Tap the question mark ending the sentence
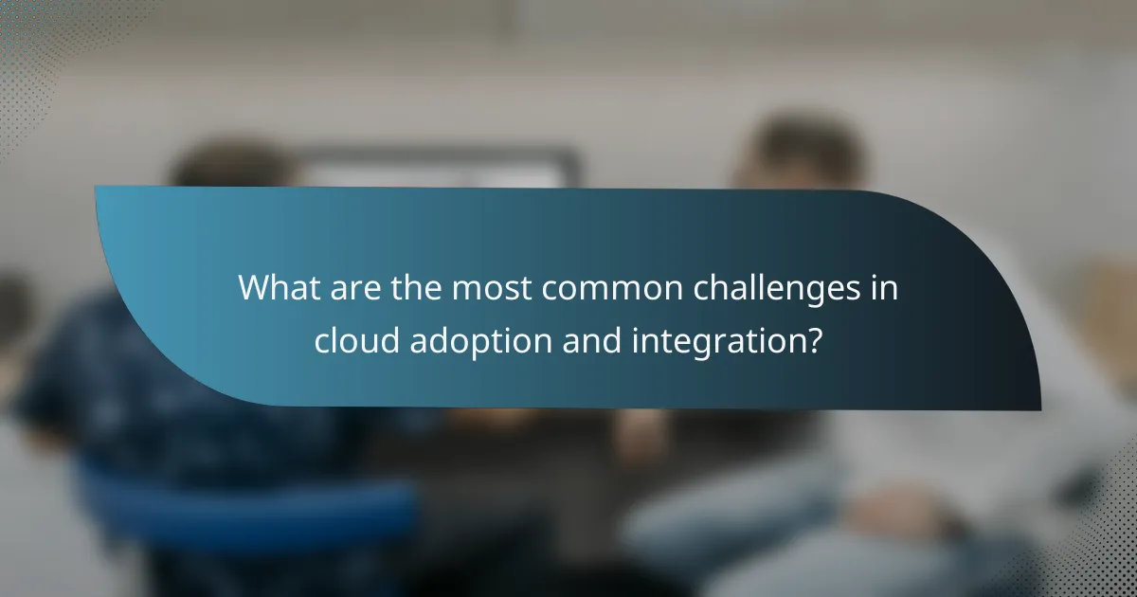click(x=812, y=339)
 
